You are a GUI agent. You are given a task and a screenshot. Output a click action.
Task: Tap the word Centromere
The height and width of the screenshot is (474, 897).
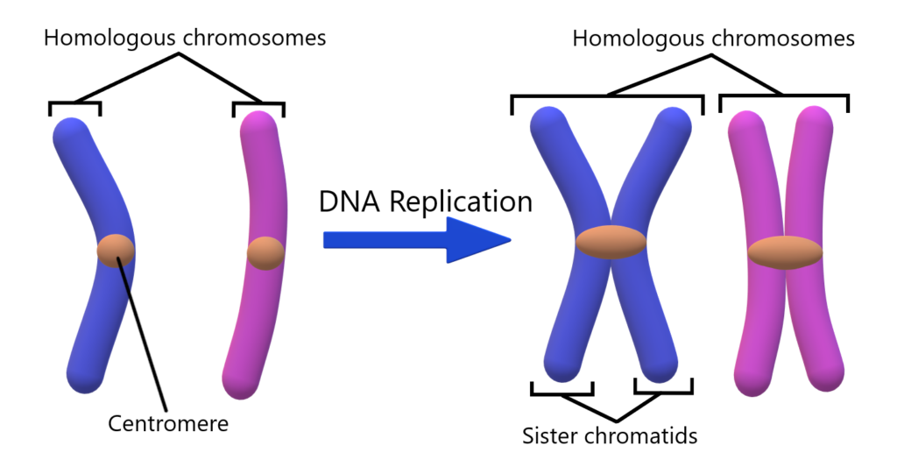[167, 424]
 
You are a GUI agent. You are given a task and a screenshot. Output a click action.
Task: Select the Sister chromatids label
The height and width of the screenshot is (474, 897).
[610, 435]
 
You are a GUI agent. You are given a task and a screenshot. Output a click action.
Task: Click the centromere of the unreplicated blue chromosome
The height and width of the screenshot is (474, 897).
[116, 251]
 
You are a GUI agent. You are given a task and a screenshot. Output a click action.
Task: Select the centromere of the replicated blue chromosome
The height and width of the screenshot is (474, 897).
[611, 242]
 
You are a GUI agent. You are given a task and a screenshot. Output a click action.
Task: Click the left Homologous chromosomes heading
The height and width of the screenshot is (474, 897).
[185, 38]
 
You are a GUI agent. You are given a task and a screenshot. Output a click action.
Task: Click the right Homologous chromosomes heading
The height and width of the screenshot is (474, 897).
[713, 39]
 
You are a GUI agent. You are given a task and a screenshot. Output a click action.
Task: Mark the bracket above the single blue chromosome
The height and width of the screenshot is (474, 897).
[74, 105]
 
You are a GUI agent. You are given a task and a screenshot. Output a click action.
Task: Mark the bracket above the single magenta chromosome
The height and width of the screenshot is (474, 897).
[258, 105]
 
